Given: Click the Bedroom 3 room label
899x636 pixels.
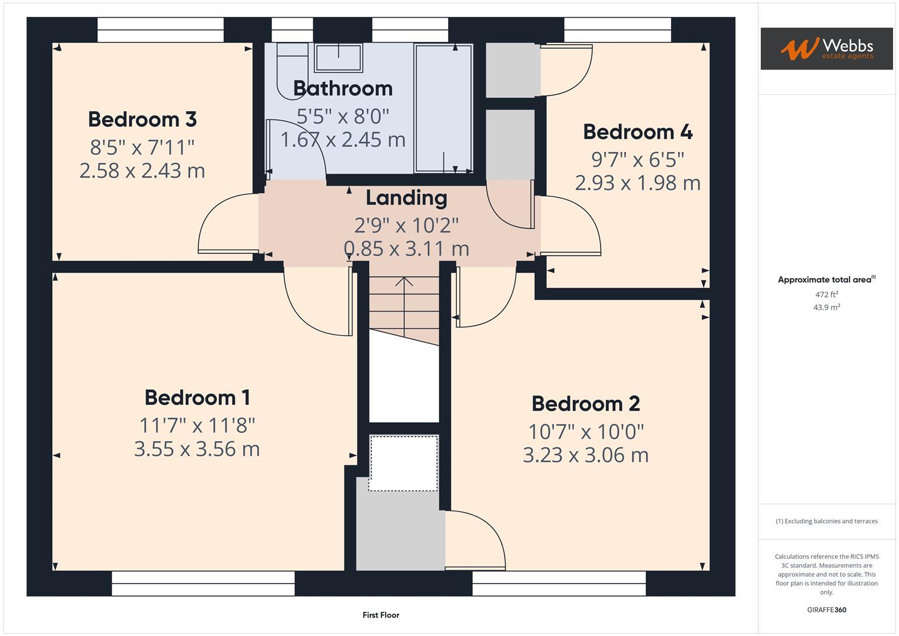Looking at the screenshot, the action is point(142,119).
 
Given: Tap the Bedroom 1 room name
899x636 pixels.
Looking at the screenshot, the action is point(197,397).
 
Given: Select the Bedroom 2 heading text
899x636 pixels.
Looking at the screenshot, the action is point(586,403).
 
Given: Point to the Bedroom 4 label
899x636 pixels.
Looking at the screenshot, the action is point(638,132).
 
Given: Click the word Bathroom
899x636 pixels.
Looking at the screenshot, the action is point(343,88).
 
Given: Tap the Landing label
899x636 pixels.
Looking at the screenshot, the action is point(407,198).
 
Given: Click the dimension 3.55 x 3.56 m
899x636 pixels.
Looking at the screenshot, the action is point(197,449).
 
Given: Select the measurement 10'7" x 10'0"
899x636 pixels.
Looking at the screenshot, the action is point(586,432).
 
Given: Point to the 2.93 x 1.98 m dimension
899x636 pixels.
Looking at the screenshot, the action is point(638,183).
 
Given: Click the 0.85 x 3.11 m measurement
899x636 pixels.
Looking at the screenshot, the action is point(407,249).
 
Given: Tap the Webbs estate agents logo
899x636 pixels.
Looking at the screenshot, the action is point(827,48).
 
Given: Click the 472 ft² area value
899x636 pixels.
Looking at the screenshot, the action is point(827,294).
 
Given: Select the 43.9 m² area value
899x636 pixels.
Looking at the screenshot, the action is point(827,307).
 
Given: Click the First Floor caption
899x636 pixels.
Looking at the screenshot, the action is point(381,615).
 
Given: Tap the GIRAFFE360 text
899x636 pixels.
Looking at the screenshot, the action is point(827,610).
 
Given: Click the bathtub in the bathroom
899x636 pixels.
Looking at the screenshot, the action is point(443,108).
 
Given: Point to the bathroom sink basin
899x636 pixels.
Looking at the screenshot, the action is point(339,58).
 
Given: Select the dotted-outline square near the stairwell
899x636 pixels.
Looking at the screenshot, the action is point(403,463).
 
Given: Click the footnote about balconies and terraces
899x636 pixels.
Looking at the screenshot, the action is point(827,521).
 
